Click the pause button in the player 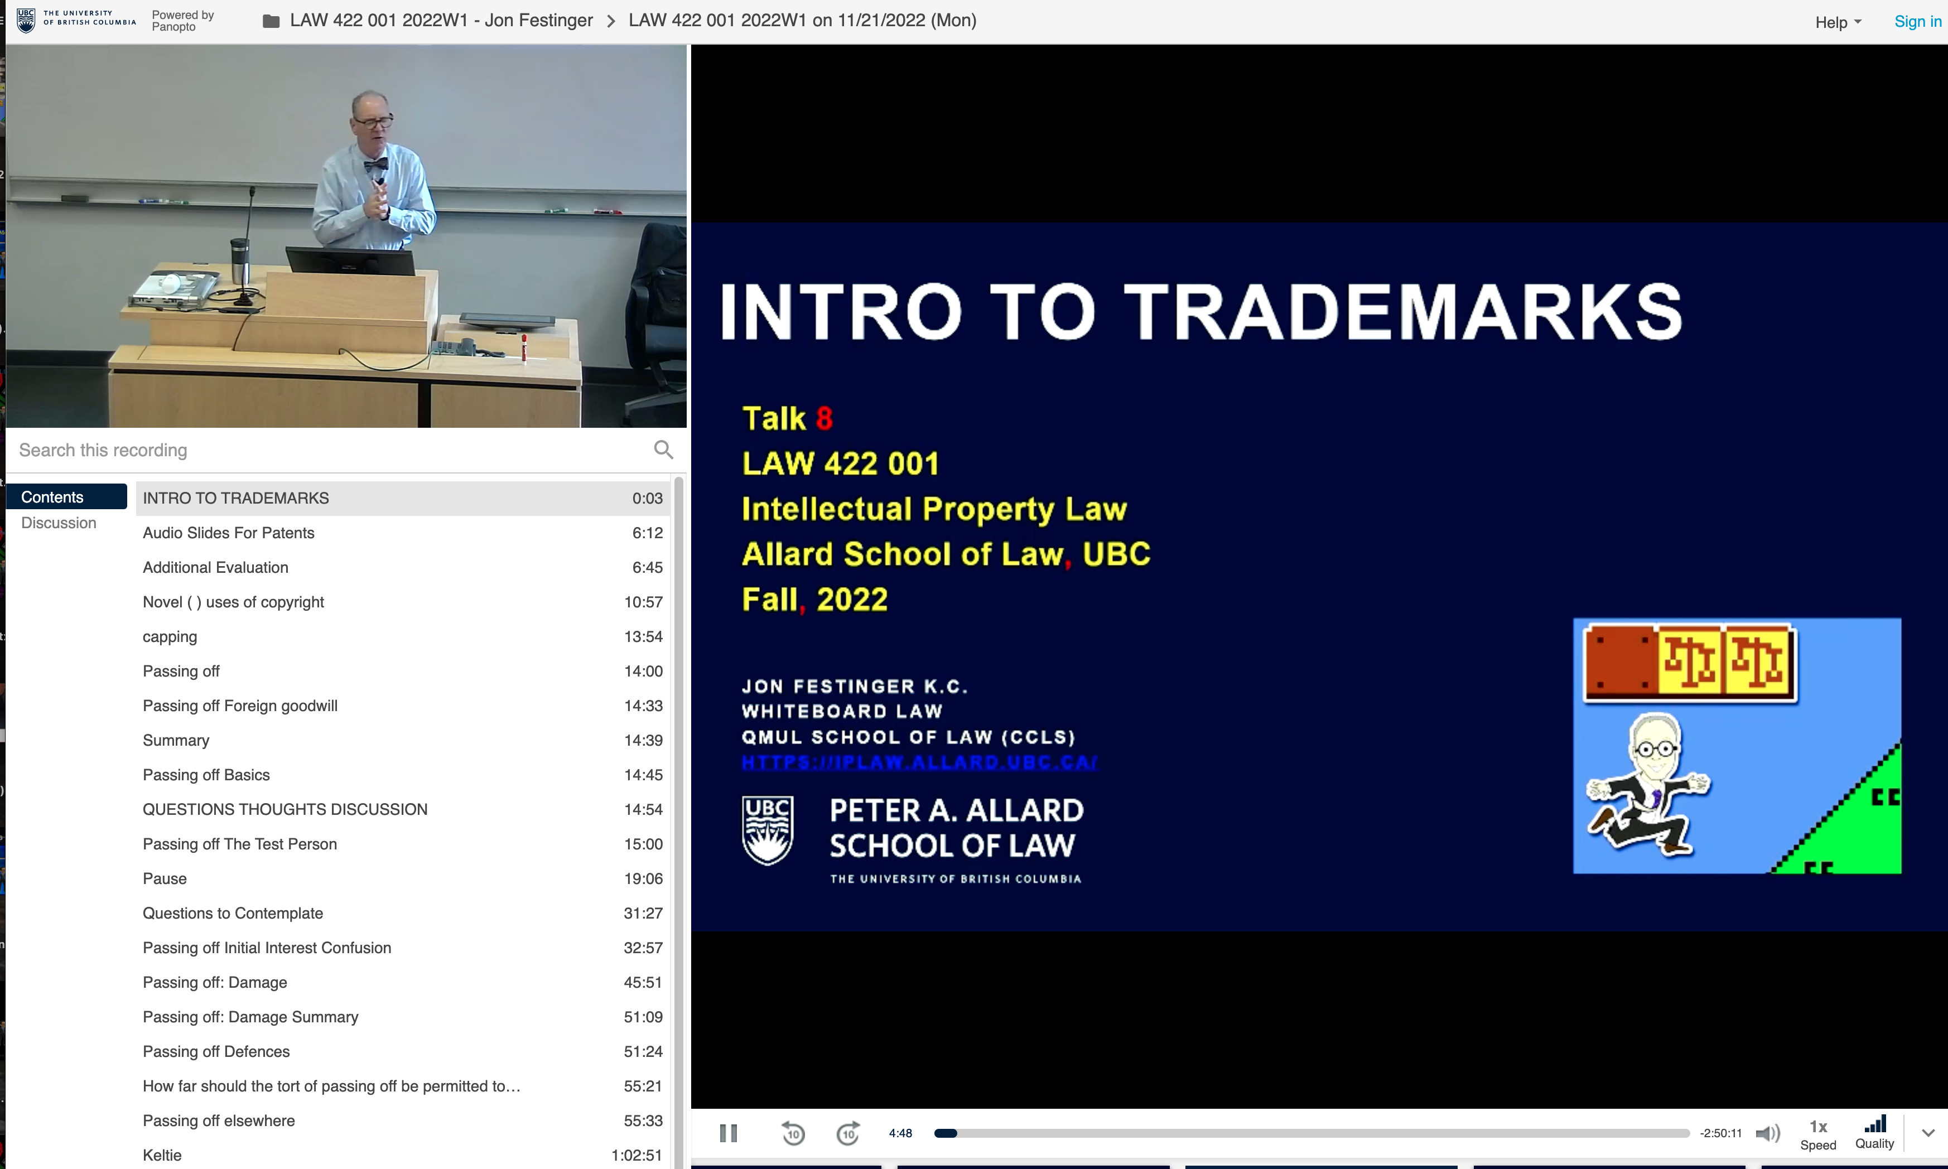pos(729,1133)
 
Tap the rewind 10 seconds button pos(793,1133)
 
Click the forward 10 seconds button pos(847,1133)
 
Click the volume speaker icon pos(1768,1133)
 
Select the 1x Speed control pos(1818,1134)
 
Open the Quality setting pos(1875,1133)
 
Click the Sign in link pos(1917,21)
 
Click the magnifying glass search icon pos(663,449)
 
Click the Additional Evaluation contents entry pos(215,567)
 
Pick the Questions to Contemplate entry pos(233,913)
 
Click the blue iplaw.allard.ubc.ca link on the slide pos(918,762)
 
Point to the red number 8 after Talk pos(824,418)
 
